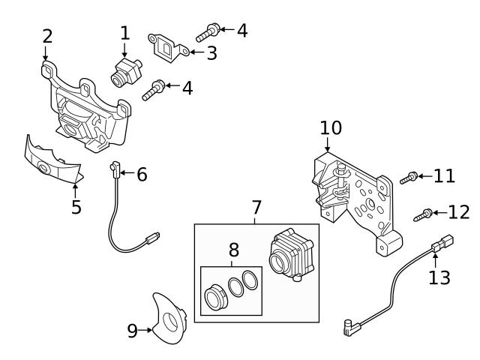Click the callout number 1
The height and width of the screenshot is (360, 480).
(x=124, y=32)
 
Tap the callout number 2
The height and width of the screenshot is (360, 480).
(x=47, y=36)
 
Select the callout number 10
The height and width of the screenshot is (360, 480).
(x=330, y=127)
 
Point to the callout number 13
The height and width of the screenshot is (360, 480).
(x=439, y=277)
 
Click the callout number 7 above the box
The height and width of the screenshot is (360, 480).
(x=256, y=205)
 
